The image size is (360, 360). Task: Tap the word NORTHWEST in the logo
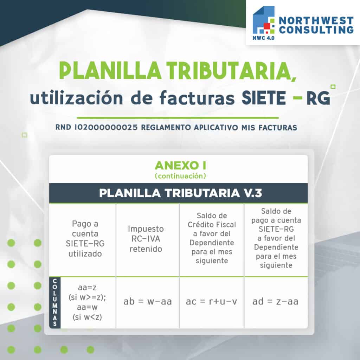316,21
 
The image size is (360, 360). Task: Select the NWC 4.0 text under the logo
263,38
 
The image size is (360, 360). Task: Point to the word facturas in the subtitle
197,98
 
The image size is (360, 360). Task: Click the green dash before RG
297,98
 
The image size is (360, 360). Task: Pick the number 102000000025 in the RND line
106,127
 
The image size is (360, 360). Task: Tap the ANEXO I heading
180,165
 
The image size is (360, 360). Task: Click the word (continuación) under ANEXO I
180,176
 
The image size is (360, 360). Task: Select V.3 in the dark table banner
252,193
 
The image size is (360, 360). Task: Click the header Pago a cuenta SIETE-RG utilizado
85,239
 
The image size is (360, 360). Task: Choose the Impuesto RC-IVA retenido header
146,239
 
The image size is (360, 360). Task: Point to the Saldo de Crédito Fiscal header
212,238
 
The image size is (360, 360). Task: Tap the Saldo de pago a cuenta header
276,238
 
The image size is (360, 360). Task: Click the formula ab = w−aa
148,301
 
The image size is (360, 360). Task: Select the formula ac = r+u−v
211,301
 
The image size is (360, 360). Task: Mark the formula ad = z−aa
275,301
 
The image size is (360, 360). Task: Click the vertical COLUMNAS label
55,302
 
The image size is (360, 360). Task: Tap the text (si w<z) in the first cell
87,317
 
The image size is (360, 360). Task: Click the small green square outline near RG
333,86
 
